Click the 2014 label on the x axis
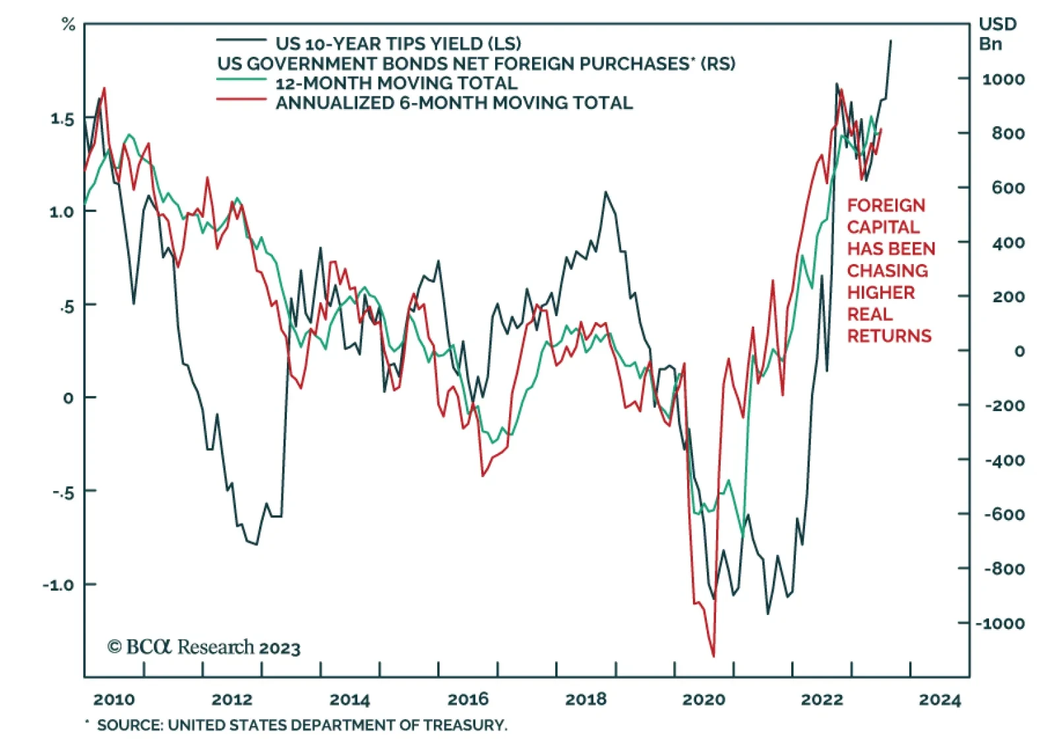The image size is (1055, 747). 349,699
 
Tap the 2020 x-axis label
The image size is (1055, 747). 704,699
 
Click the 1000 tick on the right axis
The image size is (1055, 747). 1003,79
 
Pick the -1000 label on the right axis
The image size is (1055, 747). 1000,624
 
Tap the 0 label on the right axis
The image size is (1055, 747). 1019,351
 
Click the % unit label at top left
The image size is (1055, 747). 68,25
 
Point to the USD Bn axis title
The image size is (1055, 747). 997,34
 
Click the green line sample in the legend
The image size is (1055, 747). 241,80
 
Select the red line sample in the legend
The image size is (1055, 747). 241,100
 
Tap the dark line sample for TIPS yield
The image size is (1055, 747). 241,41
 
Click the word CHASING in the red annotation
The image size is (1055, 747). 887,271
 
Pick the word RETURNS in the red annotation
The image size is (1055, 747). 889,336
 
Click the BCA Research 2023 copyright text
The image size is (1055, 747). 204,647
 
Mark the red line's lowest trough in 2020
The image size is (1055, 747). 713,656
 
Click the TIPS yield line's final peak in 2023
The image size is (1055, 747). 891,41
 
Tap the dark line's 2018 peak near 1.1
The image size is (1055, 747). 605,192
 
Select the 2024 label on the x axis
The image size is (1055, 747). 940,699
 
